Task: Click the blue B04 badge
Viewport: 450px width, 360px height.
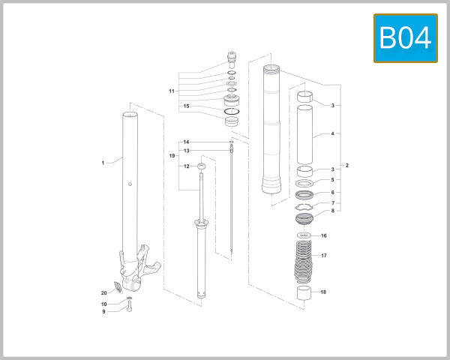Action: (x=405, y=38)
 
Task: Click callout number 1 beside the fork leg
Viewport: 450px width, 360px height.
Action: (x=103, y=162)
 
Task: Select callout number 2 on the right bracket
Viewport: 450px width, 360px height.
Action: (x=346, y=165)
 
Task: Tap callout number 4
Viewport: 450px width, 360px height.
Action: (x=332, y=135)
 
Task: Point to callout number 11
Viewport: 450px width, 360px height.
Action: (x=172, y=91)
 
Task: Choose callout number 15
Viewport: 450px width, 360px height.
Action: (x=187, y=106)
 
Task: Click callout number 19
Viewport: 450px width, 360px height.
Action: (x=172, y=155)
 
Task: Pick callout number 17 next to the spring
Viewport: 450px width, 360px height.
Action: (x=324, y=256)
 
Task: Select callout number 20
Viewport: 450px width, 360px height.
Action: (x=104, y=292)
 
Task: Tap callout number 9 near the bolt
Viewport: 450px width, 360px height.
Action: (x=104, y=312)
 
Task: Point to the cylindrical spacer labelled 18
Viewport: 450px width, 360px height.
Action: (x=304, y=292)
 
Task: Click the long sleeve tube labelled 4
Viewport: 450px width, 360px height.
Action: (x=304, y=135)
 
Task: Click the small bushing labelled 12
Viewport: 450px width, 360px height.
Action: (x=201, y=166)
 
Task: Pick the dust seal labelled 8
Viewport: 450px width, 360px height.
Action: (x=305, y=219)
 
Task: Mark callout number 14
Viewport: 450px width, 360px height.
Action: (x=187, y=142)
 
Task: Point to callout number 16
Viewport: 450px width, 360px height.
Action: (x=324, y=235)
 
